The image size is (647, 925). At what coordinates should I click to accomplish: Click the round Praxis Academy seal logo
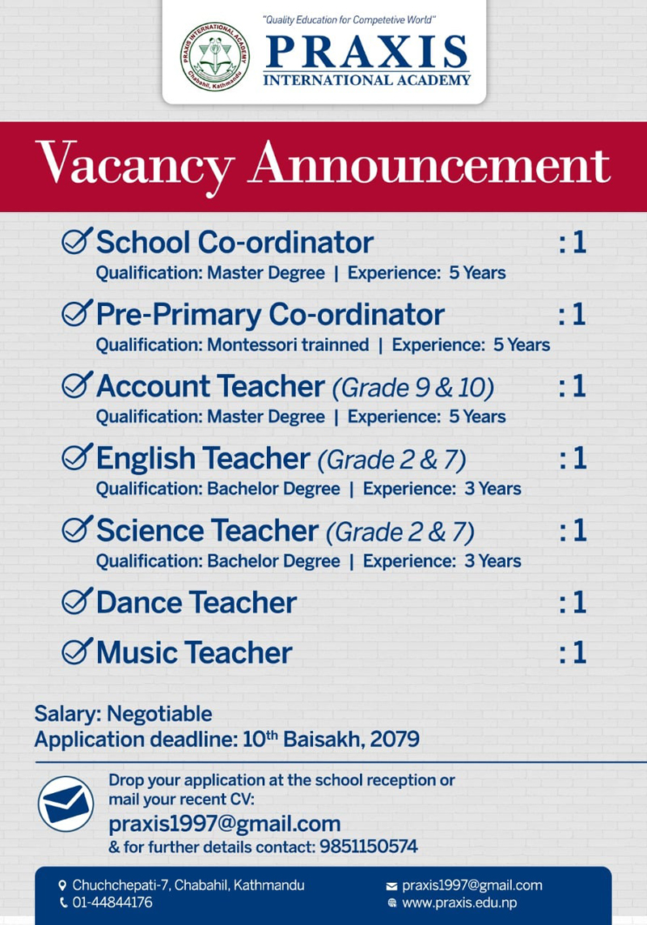(x=214, y=56)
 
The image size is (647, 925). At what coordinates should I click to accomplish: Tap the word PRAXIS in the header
(x=366, y=53)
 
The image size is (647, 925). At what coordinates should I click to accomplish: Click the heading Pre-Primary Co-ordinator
(x=270, y=314)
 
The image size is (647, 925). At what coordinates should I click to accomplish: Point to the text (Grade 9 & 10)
(x=412, y=388)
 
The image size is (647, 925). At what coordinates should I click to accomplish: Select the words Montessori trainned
(x=288, y=346)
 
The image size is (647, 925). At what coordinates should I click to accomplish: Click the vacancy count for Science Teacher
(x=573, y=531)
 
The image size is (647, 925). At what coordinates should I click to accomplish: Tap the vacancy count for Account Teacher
(x=573, y=387)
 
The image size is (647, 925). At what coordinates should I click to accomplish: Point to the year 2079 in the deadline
(x=395, y=739)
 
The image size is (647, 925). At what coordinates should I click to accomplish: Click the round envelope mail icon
(x=66, y=804)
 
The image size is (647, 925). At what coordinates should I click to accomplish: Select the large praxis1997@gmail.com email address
(x=225, y=825)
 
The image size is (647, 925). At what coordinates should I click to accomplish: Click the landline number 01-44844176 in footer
(x=112, y=902)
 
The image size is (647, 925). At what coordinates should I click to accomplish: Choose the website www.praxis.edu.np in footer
(x=459, y=902)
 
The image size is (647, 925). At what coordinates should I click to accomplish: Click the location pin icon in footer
(x=63, y=885)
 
